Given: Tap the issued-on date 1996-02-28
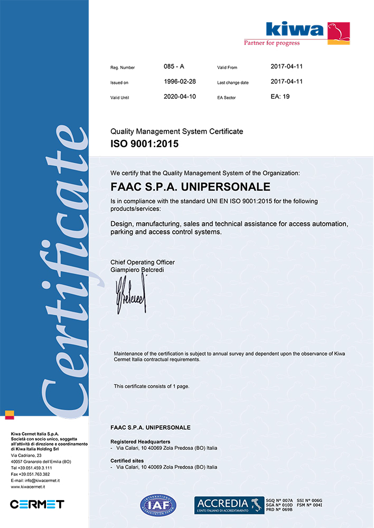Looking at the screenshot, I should [180, 82].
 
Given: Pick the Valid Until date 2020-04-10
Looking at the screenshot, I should [180, 97].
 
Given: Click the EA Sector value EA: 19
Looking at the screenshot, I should [280, 97].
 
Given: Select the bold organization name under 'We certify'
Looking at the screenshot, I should [190, 186].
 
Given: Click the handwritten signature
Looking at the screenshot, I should [130, 296].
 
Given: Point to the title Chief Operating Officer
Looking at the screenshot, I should [142, 262].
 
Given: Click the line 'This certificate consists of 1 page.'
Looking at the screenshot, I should [152, 386].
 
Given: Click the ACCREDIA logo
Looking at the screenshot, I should [229, 506].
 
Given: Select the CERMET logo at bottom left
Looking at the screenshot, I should [37, 504].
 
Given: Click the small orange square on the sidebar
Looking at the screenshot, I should [9, 413].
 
